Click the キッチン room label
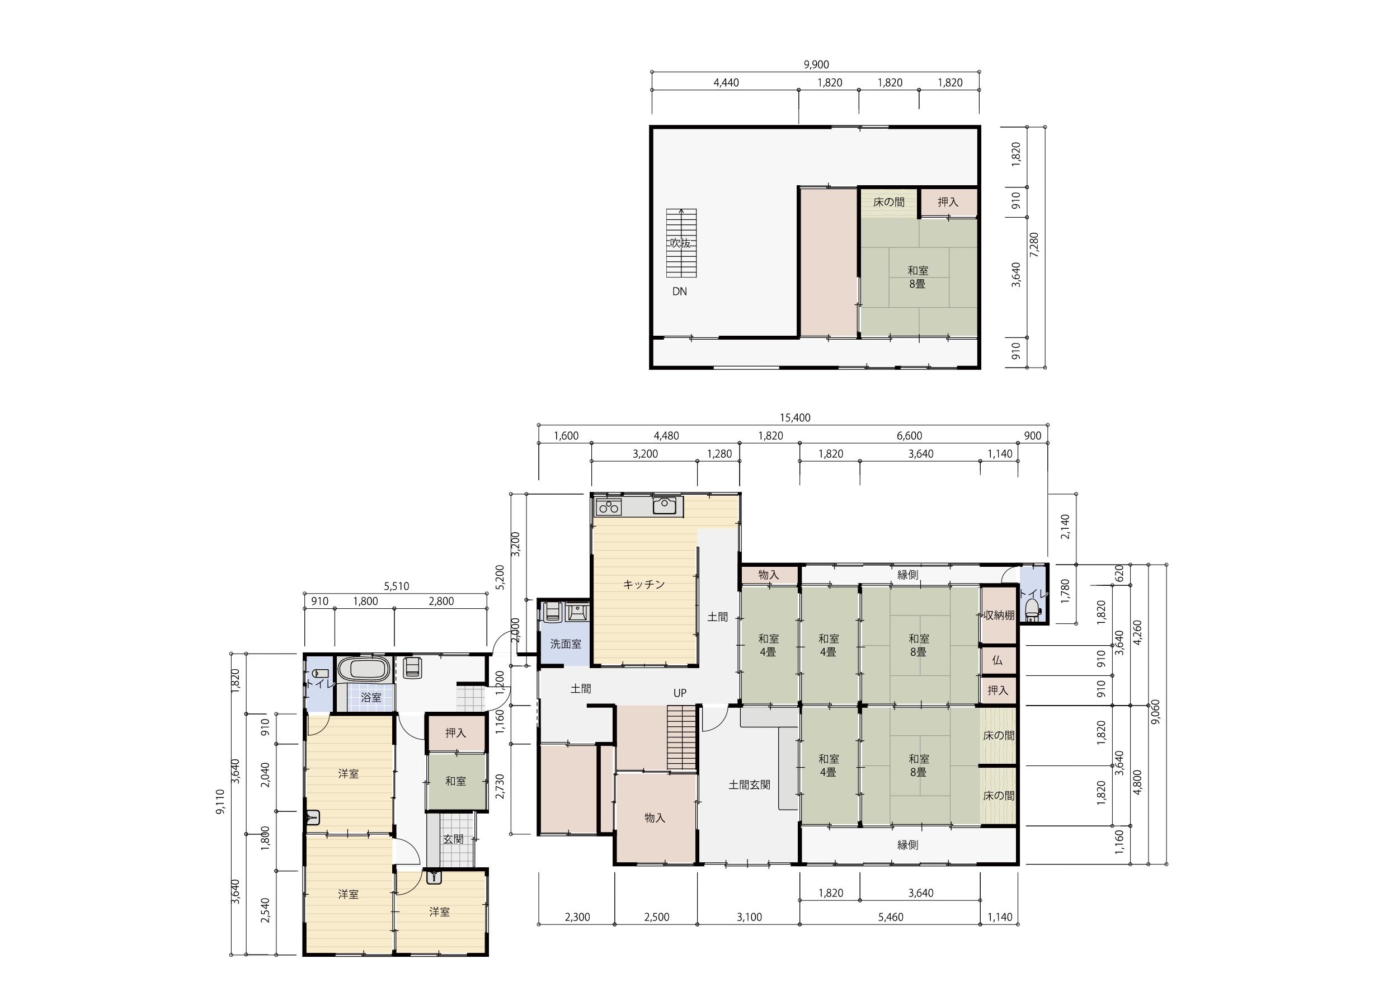644,585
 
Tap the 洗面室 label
565,644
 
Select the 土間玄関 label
749,785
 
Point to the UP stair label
680,693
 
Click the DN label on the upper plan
680,292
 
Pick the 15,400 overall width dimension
795,418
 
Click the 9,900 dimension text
816,65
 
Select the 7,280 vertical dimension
1034,245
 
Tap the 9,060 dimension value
1156,712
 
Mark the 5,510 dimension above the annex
397,586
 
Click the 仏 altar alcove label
998,661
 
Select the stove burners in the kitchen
608,507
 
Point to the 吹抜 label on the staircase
680,243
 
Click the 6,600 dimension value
909,436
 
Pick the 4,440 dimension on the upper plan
726,83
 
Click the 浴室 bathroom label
371,697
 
